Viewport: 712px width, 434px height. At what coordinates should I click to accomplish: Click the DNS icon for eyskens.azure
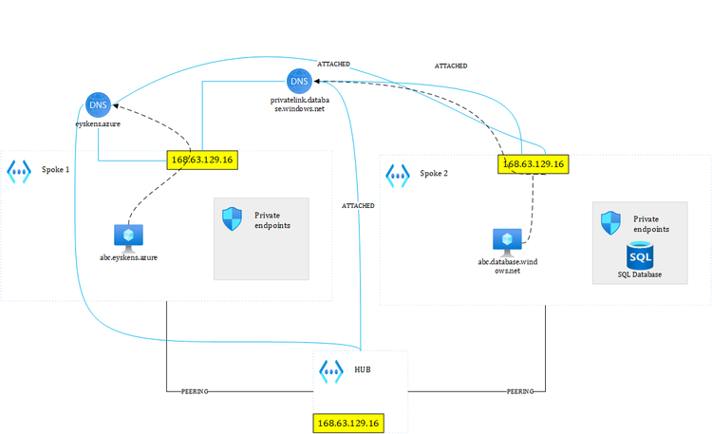[97, 105]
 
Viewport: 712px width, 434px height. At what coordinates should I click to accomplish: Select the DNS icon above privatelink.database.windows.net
[298, 83]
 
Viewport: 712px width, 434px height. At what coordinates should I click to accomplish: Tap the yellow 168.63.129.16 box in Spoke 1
[201, 160]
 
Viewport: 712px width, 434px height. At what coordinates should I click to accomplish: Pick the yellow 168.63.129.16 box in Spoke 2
[533, 163]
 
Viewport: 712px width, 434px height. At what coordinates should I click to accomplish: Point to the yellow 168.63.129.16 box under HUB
[348, 423]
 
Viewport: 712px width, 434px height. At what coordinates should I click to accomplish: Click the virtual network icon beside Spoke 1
[19, 171]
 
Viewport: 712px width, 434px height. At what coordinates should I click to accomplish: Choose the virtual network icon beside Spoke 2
[397, 175]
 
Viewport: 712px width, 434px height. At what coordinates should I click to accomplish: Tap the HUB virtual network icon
[331, 369]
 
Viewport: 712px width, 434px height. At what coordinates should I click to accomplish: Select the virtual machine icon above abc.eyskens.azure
[127, 236]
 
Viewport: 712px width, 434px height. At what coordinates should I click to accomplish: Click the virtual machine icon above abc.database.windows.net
[507, 239]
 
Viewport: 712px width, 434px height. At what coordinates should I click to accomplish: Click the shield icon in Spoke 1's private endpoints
[232, 219]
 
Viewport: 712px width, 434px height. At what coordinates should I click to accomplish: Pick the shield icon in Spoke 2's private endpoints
[611, 223]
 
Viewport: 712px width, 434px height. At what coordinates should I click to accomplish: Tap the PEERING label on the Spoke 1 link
[195, 390]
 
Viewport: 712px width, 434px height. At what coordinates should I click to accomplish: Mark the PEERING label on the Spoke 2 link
[520, 390]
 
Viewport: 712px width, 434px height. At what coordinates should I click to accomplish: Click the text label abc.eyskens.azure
[128, 257]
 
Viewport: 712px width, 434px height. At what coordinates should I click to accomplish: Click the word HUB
[364, 368]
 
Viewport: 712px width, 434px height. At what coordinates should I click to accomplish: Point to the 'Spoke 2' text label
[434, 174]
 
